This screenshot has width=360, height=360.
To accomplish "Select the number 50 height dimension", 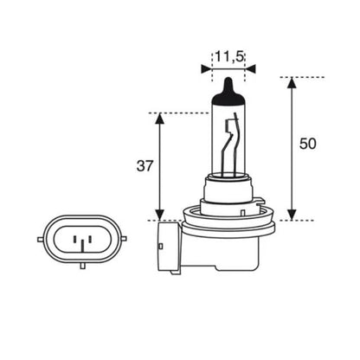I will click(x=308, y=144).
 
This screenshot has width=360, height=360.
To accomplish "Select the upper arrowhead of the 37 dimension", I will click(x=159, y=119).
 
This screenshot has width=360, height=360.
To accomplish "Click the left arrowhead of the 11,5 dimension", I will click(x=215, y=67).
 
